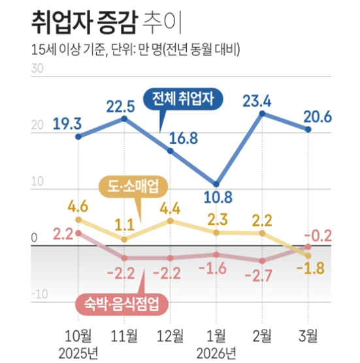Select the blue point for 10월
pos(78,136)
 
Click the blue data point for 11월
pos(124,118)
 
